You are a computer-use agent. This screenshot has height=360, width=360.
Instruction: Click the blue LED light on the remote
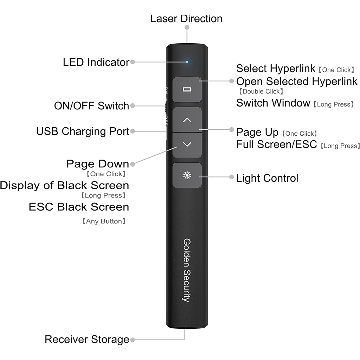click(187, 62)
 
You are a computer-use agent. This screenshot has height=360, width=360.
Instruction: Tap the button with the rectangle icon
click(187, 89)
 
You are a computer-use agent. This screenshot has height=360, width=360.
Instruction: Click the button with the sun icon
click(187, 175)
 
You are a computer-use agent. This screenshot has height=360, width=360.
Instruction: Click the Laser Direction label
click(186, 19)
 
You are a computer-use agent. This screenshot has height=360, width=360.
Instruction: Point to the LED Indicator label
click(96, 62)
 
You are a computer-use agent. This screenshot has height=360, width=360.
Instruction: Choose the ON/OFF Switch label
click(91, 105)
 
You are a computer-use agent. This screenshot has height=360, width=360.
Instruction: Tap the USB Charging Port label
click(83, 131)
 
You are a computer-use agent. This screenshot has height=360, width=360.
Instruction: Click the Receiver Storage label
click(87, 340)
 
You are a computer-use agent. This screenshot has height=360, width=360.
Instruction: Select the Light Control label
click(267, 178)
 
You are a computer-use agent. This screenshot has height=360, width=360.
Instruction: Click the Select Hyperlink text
click(276, 68)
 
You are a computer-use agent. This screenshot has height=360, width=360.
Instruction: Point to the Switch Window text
click(273, 103)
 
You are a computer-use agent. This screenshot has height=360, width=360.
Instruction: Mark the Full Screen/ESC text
click(277, 144)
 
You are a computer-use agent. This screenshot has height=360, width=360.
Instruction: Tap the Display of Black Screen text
click(64, 185)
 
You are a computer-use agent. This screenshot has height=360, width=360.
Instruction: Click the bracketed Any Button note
click(104, 221)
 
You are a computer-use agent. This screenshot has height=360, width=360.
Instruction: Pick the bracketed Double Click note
click(261, 91)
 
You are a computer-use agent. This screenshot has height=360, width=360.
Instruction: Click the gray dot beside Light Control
click(231, 178)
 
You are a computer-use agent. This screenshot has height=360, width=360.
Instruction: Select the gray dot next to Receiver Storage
click(133, 340)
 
